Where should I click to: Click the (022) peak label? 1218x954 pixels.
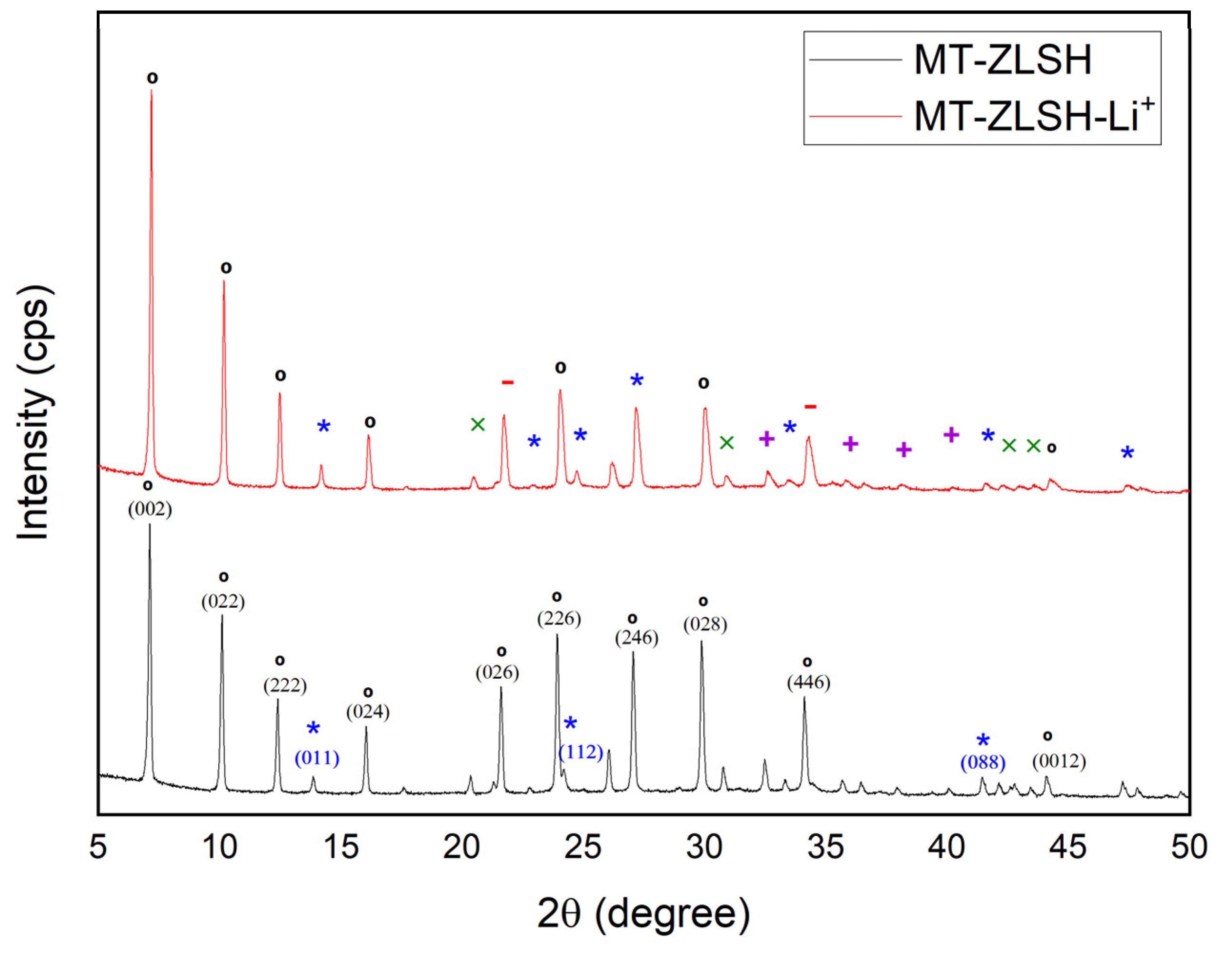pyautogui.click(x=223, y=602)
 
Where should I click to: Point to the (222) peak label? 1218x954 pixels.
pyautogui.click(x=285, y=685)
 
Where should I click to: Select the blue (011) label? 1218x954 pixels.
pyautogui.click(x=317, y=758)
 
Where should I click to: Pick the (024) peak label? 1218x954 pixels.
pyautogui.click(x=367, y=712)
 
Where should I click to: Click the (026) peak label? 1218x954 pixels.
pyautogui.click(x=497, y=673)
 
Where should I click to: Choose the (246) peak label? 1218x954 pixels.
pyautogui.click(x=637, y=637)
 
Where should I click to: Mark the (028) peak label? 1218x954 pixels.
pyautogui.click(x=705, y=624)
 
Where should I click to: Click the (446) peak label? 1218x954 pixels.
pyautogui.click(x=809, y=682)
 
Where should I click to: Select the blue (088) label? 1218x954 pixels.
pyautogui.click(x=983, y=763)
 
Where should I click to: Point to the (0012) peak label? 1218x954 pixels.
pyautogui.click(x=1059, y=761)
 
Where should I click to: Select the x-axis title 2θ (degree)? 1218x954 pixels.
pyautogui.click(x=644, y=913)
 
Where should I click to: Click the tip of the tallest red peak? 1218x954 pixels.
pyautogui.click(x=151, y=90)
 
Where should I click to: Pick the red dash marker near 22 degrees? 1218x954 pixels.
pyautogui.click(x=507, y=382)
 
